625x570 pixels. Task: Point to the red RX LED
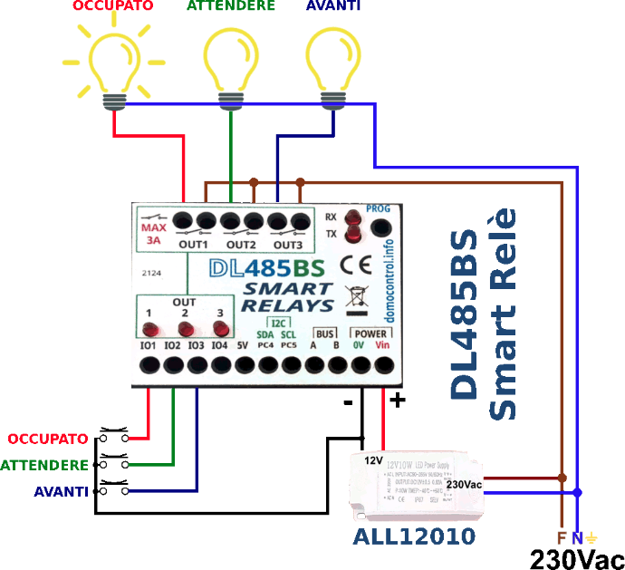pyautogui.click(x=352, y=218)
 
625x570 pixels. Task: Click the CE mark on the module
pyautogui.click(x=351, y=265)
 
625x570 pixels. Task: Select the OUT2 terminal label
pyautogui.click(x=241, y=245)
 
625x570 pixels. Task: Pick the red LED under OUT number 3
pyautogui.click(x=219, y=329)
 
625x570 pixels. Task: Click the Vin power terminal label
pyautogui.click(x=382, y=345)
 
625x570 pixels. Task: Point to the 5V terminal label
pyautogui.click(x=242, y=345)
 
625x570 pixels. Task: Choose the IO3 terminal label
pyautogui.click(x=196, y=345)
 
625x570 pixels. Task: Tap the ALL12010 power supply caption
pyautogui.click(x=414, y=536)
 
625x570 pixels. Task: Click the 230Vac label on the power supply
pyautogui.click(x=464, y=485)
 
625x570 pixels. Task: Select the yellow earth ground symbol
pyautogui.click(x=592, y=537)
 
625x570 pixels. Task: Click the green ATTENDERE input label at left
pyautogui.click(x=45, y=465)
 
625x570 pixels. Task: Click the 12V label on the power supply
pyautogui.click(x=374, y=460)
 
